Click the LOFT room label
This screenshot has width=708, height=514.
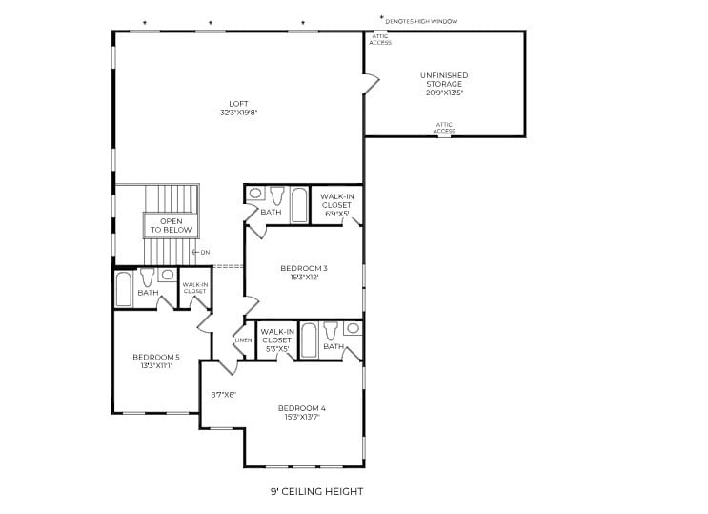coord(238,108)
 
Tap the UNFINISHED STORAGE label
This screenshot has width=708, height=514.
coord(444,84)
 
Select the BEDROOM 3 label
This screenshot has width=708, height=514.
coord(304,273)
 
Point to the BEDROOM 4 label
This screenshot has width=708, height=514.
coord(302,412)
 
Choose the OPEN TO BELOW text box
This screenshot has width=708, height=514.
coord(170,225)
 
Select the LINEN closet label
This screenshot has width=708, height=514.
coord(243,340)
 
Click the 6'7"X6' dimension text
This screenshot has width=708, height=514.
coord(222,394)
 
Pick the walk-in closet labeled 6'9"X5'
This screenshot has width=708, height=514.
coord(336,204)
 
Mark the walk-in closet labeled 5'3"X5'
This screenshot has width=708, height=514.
coord(276,339)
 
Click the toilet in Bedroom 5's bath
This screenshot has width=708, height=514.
coord(147,279)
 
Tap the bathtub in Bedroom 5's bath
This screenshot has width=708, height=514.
coord(124,289)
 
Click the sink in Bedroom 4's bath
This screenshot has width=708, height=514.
coord(353,329)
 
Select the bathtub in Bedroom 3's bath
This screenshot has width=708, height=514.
coord(298,204)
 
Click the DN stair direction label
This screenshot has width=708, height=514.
coord(203,252)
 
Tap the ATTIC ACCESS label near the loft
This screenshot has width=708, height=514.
coord(380,39)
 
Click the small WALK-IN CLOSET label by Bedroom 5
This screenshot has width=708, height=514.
coord(194,287)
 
